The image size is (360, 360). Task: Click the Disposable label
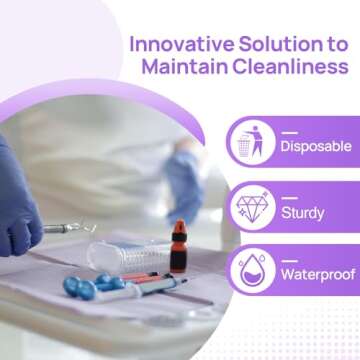(315, 146)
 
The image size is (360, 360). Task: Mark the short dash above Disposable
(290, 132)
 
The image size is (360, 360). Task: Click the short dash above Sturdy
(290, 196)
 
